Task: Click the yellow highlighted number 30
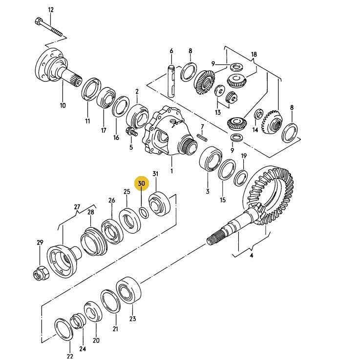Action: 142,183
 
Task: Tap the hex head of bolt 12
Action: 39,21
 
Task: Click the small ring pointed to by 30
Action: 144,212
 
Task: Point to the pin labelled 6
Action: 171,81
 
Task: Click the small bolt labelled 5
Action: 131,132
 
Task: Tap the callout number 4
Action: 252,256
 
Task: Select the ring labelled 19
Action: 241,178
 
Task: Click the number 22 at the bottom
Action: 70,356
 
